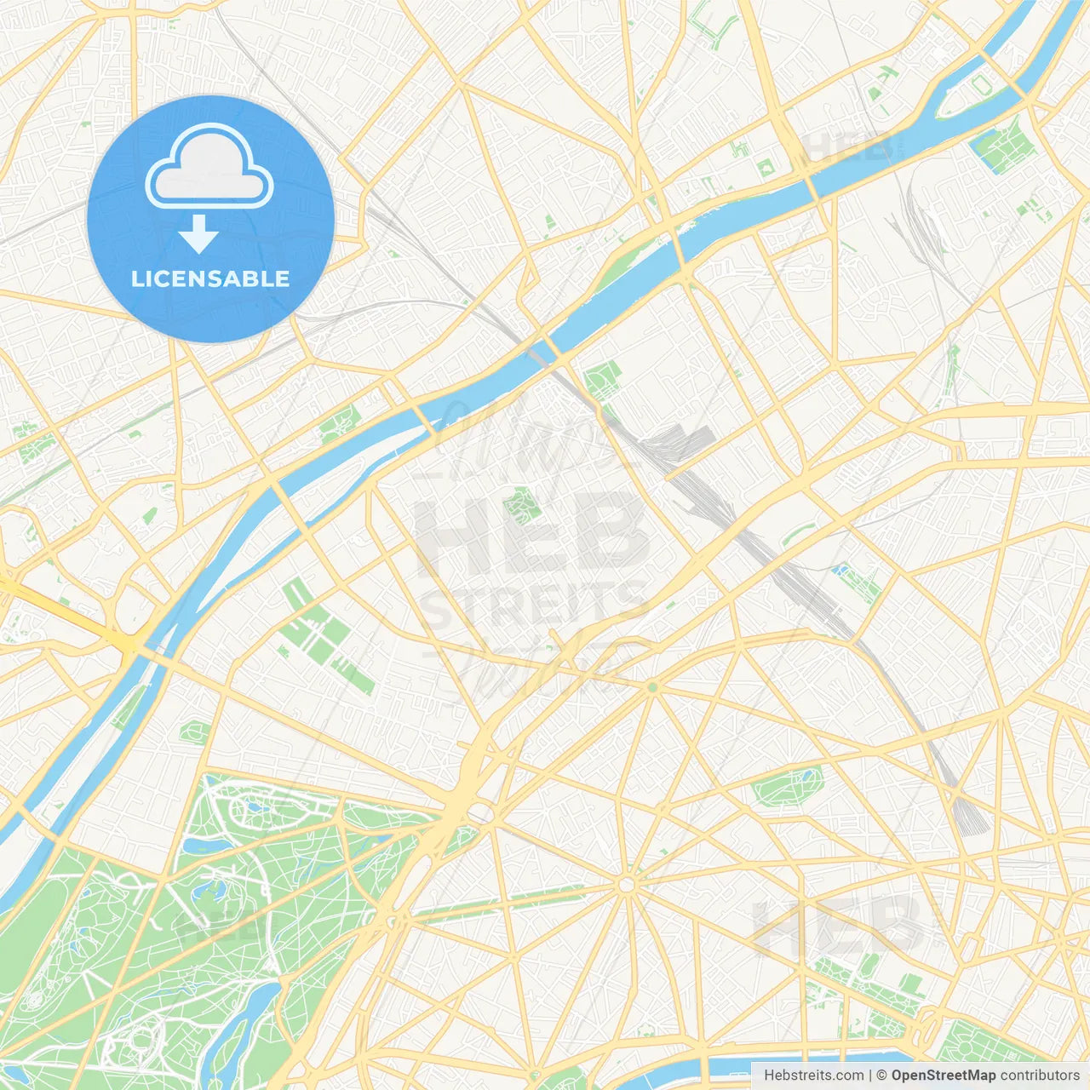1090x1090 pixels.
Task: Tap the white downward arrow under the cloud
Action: (198, 234)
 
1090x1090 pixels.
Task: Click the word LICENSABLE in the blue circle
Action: (210, 278)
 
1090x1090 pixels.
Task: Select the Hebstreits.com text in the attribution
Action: (813, 1076)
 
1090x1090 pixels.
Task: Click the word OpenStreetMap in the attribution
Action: (943, 1076)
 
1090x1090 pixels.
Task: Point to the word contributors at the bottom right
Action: (1040, 1076)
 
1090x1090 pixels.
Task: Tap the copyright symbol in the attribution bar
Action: (881, 1076)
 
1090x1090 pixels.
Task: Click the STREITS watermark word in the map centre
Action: (535, 603)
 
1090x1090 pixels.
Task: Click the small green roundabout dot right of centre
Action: (652, 686)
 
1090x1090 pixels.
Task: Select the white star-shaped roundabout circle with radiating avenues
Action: (627, 886)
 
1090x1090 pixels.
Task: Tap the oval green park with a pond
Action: (788, 785)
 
